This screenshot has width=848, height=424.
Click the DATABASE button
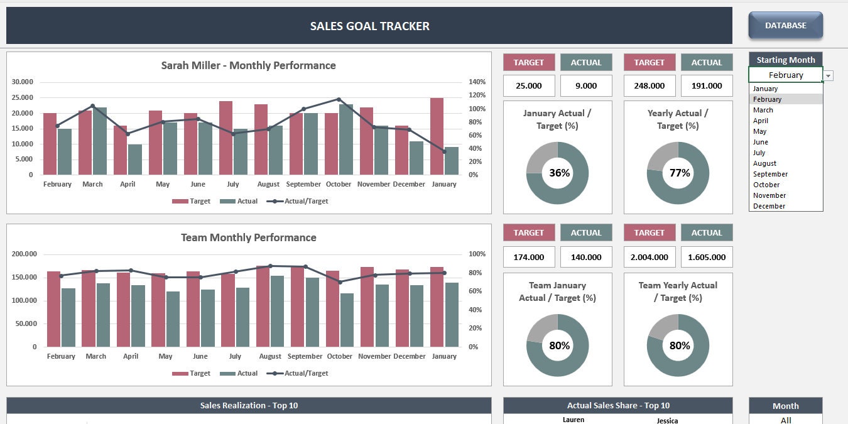coord(785,26)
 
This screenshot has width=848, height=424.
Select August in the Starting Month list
coord(764,163)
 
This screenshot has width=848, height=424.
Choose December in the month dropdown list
coord(769,206)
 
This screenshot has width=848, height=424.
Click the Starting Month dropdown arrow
coord(829,76)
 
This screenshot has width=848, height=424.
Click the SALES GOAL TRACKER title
coord(369,26)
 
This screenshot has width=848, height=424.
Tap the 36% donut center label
coord(559,173)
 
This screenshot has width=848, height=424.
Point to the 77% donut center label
coord(680,173)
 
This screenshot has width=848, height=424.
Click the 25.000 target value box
coord(529,86)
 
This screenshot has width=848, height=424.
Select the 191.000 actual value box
coord(707,86)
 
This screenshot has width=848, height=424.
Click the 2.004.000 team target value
coord(650,257)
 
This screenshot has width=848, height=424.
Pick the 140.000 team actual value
coord(586,257)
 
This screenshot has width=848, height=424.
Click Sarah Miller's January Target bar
coord(437,136)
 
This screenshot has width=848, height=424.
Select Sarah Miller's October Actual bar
coord(346,139)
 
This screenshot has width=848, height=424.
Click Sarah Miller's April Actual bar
coord(134,160)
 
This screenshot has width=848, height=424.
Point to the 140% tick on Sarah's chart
coord(477,82)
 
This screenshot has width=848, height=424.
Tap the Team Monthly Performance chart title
coord(248,237)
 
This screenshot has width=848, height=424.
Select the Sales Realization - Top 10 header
coord(249,405)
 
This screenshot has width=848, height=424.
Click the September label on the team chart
coord(305,356)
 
